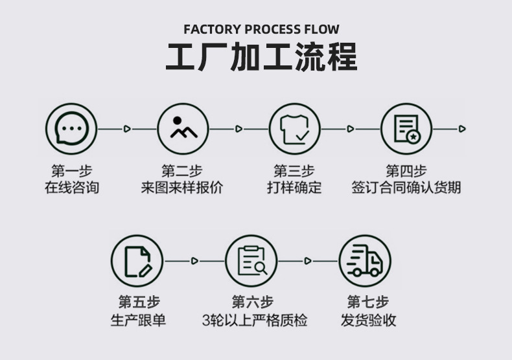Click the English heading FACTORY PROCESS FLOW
[x=261, y=29]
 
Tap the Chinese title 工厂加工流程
[x=261, y=58]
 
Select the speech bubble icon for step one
[x=71, y=129]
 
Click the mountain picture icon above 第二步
[x=183, y=129]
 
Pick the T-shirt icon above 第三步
[x=295, y=129]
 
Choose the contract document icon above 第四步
[x=406, y=129]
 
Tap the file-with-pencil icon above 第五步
[x=137, y=260]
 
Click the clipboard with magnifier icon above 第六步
[x=252, y=260]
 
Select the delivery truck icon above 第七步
[x=366, y=260]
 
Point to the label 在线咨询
[x=71, y=188]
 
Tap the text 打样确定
[x=294, y=188]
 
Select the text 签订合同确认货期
[x=406, y=188]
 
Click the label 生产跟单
[x=138, y=321]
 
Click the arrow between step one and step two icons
[x=127, y=129]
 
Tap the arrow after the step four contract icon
[x=462, y=129]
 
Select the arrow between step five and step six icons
[x=194, y=260]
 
